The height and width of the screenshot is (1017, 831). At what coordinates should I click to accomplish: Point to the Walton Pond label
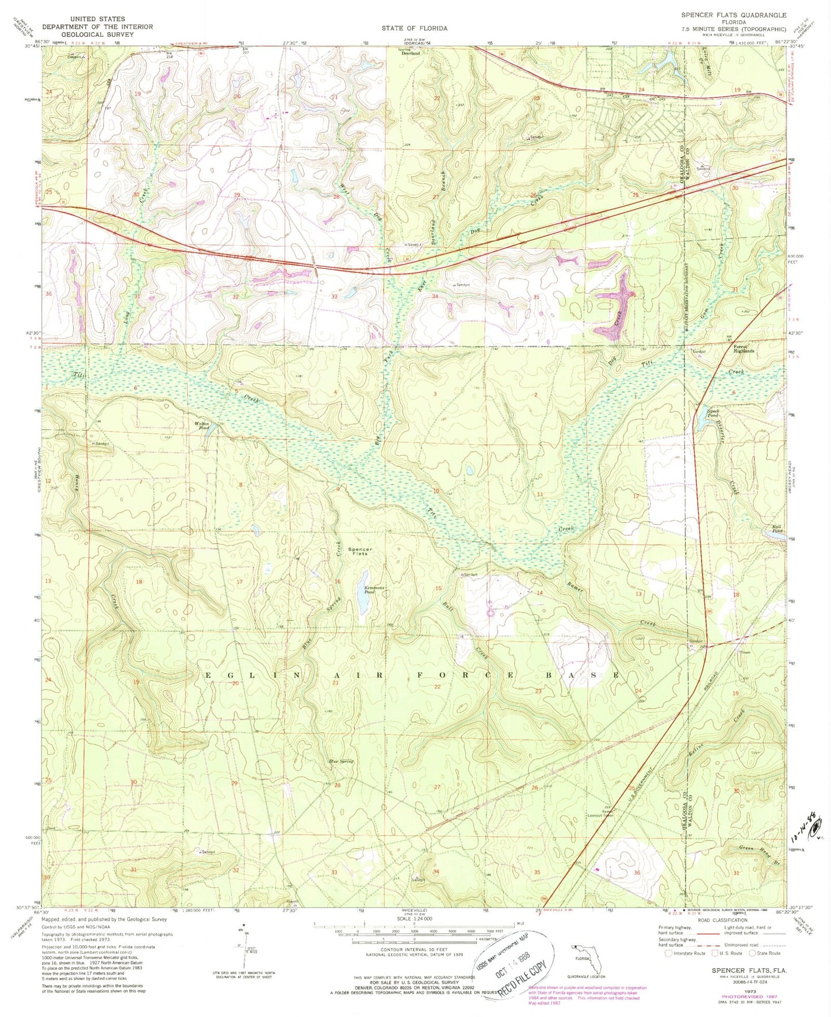(x=202, y=426)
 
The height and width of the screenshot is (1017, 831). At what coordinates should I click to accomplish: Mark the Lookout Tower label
(x=600, y=815)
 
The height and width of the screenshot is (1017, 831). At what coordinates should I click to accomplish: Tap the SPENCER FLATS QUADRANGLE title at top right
(x=733, y=16)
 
